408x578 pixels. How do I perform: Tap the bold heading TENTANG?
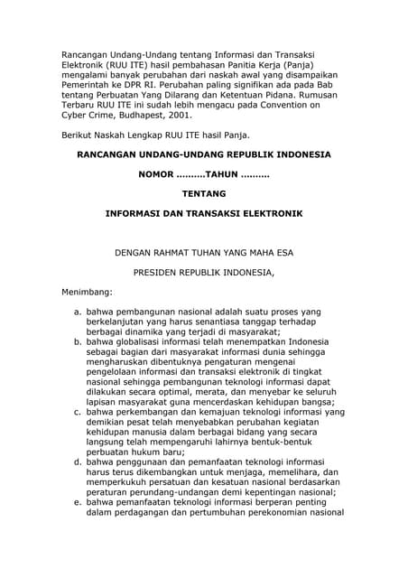coord(203,193)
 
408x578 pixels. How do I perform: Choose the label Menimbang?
coord(87,293)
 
